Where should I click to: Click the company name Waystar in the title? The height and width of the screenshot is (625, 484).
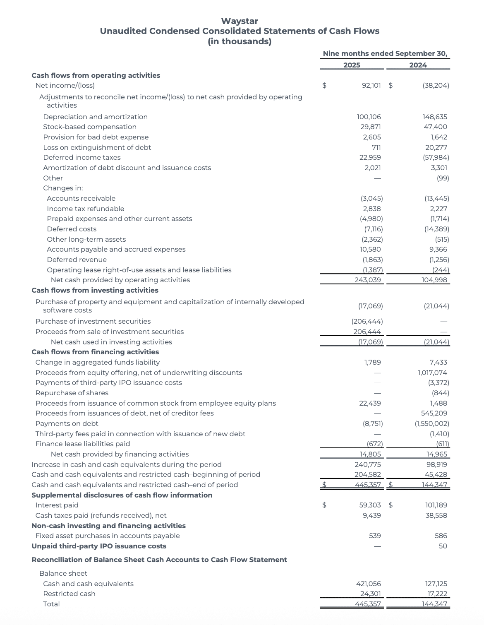(x=240, y=21)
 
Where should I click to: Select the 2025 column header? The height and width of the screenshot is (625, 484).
(x=352, y=65)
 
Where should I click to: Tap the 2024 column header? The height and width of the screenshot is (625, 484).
(x=418, y=65)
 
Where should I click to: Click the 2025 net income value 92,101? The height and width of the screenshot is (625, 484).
(x=371, y=86)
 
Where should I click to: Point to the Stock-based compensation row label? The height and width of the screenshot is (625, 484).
(x=90, y=127)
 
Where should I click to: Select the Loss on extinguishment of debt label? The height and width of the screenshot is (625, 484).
(x=97, y=147)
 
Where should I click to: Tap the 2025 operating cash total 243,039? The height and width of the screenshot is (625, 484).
(x=368, y=280)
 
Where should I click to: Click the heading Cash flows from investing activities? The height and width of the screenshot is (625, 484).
(x=95, y=291)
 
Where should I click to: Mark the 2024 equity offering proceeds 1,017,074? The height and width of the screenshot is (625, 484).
(x=432, y=373)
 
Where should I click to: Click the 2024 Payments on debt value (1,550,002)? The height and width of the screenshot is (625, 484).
(x=432, y=424)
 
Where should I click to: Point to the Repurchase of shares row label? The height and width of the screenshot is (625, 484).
(x=72, y=393)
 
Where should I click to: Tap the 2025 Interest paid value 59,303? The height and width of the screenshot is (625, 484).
(x=370, y=505)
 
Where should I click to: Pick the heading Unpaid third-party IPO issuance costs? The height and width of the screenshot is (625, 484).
(x=99, y=546)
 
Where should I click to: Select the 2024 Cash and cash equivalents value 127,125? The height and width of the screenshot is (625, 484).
(x=436, y=584)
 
